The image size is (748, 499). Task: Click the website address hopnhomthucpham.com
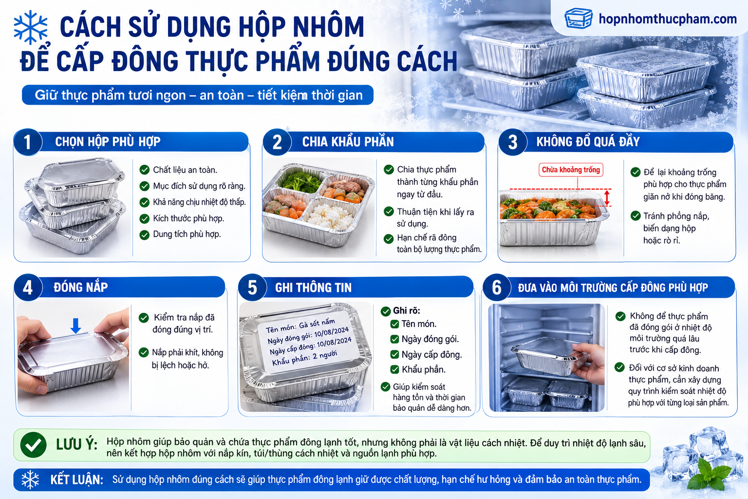tap(668, 19)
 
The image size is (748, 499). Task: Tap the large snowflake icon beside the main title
tap(30, 27)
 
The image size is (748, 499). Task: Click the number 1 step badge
tap(27, 142)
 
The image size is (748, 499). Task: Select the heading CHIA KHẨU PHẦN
tap(348, 142)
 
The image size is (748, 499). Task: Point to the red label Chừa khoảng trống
tap(571, 170)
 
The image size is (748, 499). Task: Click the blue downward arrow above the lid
tap(76, 326)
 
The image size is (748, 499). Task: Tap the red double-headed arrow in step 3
tap(607, 197)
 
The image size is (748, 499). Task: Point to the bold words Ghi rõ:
tap(407, 310)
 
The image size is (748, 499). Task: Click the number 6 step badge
tap(497, 288)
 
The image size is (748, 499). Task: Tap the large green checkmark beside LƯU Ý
tap(33, 445)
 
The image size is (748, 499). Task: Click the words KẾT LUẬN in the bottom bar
tap(76, 480)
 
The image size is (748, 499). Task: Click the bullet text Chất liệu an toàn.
tap(185, 170)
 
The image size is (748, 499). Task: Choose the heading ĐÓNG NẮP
tap(80, 287)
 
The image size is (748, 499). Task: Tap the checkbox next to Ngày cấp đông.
tap(395, 354)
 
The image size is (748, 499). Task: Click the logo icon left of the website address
tap(579, 19)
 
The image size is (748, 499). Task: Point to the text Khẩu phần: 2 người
tap(304, 358)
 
